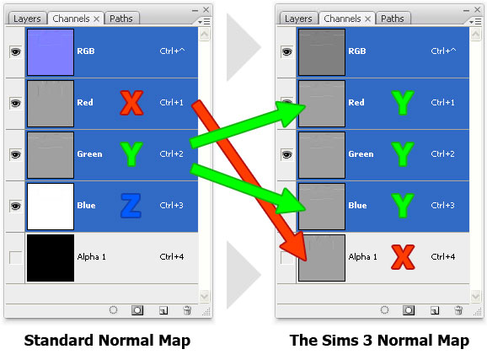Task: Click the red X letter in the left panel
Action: tap(131, 102)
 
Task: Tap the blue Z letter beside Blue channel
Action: tap(131, 206)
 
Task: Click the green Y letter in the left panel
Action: tap(131, 154)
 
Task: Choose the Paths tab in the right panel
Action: tap(393, 18)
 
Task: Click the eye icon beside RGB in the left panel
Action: tap(15, 51)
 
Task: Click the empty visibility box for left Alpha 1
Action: tap(15, 257)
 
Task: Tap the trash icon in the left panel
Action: tap(187, 309)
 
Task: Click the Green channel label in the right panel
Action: tap(361, 154)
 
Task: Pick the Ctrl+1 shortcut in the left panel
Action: tap(171, 103)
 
